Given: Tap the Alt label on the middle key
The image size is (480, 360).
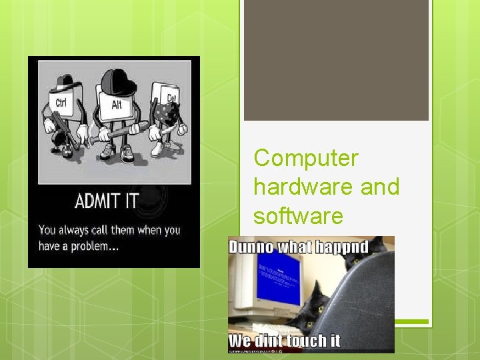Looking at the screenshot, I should click(x=116, y=105).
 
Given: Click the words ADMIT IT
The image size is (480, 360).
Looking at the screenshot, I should click(x=107, y=200).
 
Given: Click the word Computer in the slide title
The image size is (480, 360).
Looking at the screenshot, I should click(x=306, y=159).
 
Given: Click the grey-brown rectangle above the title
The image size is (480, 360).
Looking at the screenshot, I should click(x=336, y=60).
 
